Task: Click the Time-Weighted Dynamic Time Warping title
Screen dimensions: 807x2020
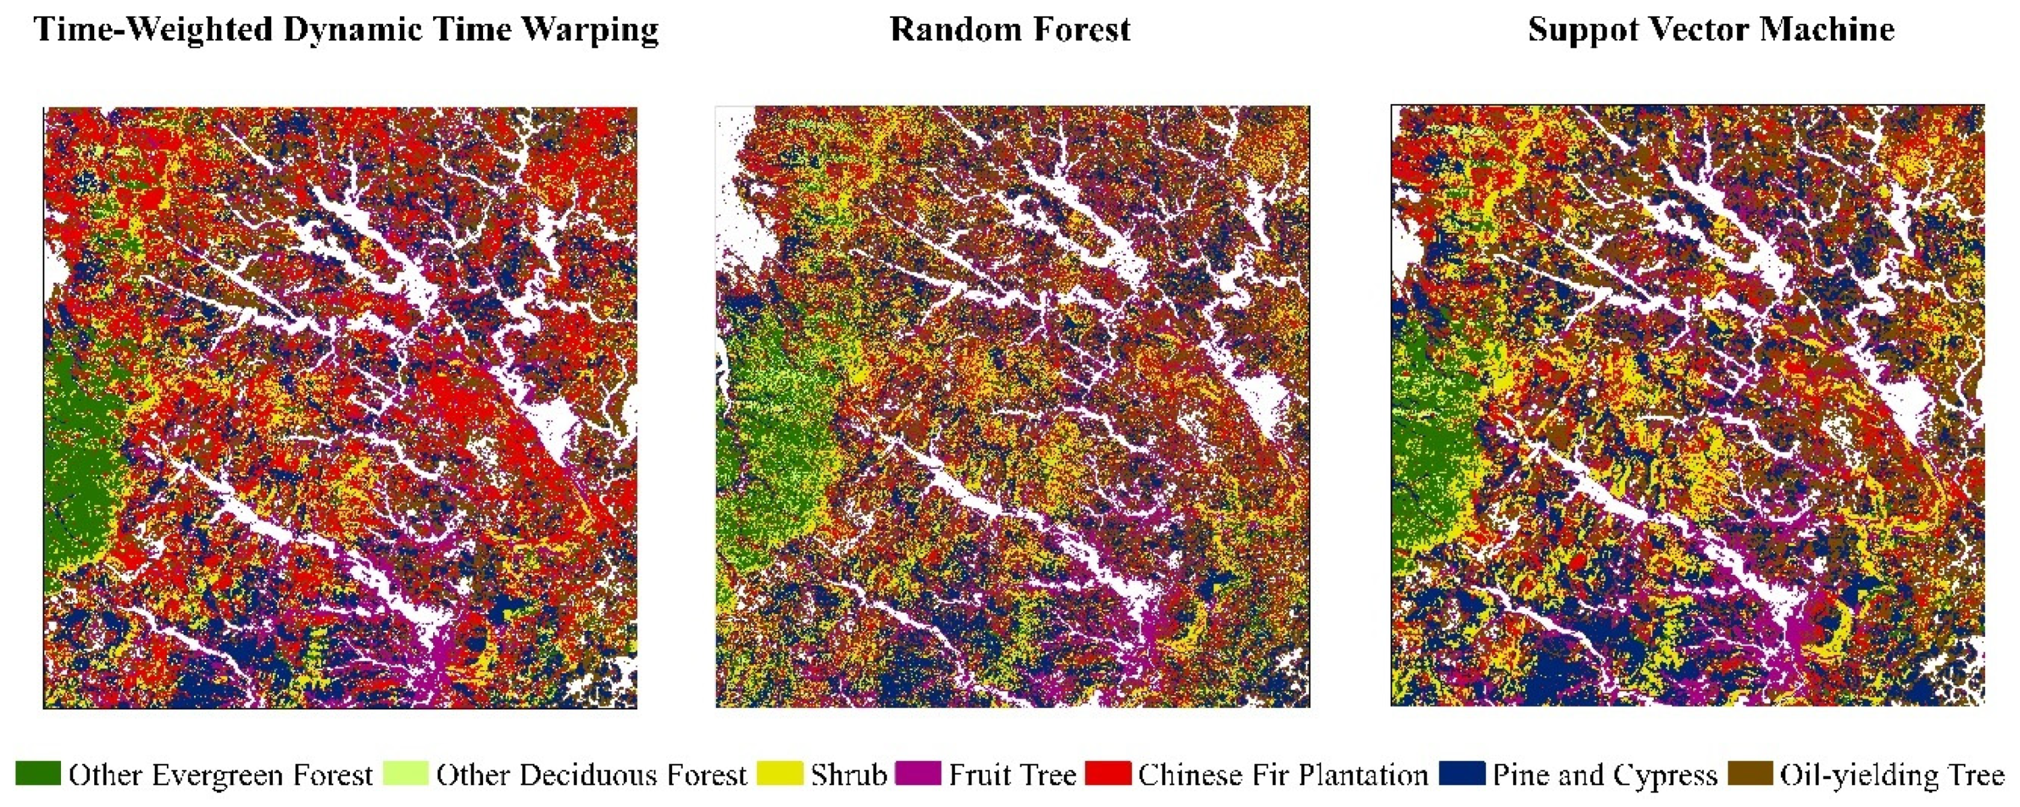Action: coord(346,30)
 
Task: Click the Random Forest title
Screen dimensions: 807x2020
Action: coord(1010,30)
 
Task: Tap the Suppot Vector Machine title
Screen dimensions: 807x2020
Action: coord(1711,30)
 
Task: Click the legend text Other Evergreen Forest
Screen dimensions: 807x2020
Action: coord(221,775)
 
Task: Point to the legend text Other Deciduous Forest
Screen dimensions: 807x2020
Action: coord(591,775)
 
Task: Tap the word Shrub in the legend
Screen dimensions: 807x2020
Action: coord(848,775)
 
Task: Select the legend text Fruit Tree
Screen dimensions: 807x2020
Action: coord(1012,775)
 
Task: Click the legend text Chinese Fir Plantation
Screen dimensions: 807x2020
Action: coord(1283,775)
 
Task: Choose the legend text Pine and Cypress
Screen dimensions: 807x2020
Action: coord(1604,775)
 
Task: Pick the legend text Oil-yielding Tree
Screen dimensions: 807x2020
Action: coord(1891,775)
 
